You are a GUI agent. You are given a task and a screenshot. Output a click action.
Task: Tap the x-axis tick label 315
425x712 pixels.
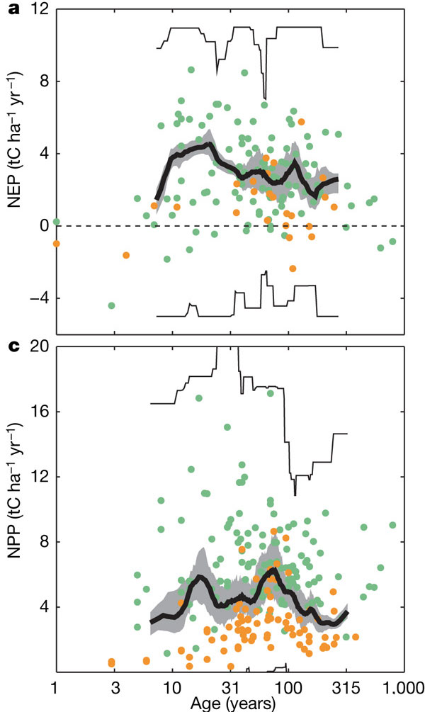[346, 687]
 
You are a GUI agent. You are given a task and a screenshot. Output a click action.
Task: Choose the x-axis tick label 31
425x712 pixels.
[230, 687]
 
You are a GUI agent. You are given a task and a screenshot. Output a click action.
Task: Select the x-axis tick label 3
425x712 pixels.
[114, 687]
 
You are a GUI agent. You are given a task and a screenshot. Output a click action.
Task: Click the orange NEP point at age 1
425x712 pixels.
[56, 244]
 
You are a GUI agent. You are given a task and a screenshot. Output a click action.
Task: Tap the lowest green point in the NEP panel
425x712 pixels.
[111, 305]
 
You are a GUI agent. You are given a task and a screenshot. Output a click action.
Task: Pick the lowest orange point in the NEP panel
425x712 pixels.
[293, 269]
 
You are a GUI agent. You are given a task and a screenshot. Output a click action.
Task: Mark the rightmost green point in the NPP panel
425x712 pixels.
[392, 525]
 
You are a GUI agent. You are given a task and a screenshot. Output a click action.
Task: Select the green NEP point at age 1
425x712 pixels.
[56, 222]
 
